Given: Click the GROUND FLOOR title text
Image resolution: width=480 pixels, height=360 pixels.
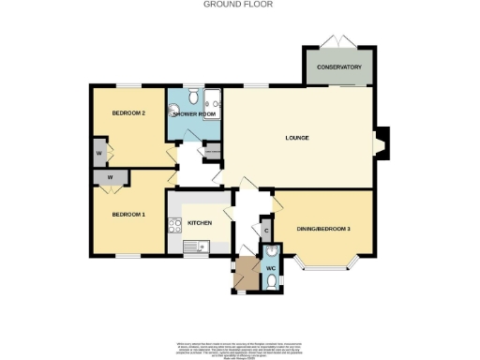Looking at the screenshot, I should tap(231, 4).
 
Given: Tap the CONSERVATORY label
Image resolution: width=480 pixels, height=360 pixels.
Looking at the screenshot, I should tap(338, 67).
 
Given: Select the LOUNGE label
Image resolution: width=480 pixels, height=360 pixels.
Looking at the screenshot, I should tap(297, 139).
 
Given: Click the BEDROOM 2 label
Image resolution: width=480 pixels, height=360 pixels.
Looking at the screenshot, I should tap(128, 113).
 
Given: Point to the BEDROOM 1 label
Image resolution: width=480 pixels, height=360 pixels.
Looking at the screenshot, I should tap(128, 215).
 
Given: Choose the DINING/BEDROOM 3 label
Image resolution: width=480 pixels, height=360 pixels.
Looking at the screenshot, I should tap(323, 229).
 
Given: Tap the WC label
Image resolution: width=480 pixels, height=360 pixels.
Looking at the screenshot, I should tap(270, 269).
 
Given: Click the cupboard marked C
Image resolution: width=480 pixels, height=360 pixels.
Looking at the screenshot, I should tap(266, 230).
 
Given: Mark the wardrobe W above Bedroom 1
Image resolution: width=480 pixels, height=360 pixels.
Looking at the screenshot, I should tap(111, 177).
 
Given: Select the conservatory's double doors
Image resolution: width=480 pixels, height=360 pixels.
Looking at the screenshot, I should tap(334, 39).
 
